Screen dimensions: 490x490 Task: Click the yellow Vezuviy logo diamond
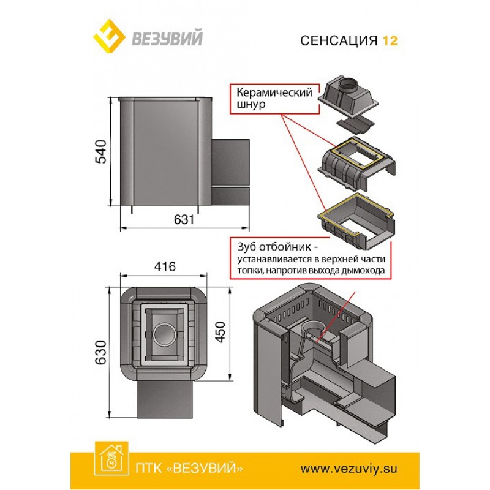pyautogui.click(x=110, y=37)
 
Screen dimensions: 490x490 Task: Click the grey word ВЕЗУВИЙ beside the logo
pyautogui.click(x=167, y=37)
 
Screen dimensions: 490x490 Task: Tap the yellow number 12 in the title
pyautogui.click(x=390, y=40)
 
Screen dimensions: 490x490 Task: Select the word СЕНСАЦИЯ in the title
pyautogui.click(x=339, y=40)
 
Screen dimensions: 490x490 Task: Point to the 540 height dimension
pyautogui.click(x=101, y=151)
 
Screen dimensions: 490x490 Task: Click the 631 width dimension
pyautogui.click(x=184, y=219)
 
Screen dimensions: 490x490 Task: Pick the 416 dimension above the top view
pyautogui.click(x=165, y=266)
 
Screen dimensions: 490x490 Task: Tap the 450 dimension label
pyautogui.click(x=221, y=332)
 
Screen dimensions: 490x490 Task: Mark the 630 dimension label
pyautogui.click(x=101, y=352)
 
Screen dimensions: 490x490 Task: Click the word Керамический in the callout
pyautogui.click(x=274, y=92)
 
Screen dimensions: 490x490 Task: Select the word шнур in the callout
pyautogui.click(x=251, y=104)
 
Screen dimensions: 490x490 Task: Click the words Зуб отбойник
pyautogui.click(x=274, y=247)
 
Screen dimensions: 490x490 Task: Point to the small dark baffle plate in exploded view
pyautogui.click(x=355, y=124)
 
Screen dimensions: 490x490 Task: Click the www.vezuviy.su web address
pyautogui.click(x=349, y=469)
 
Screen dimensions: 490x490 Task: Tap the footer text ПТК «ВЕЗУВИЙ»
pyautogui.click(x=189, y=469)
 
